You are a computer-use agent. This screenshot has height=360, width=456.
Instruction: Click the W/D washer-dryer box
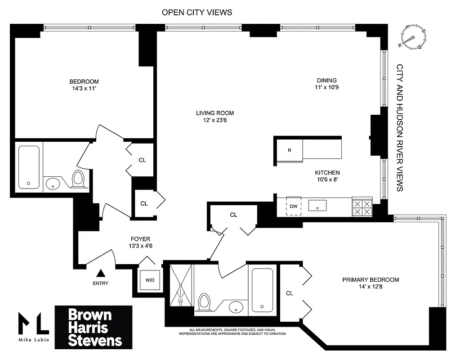click(x=149, y=280)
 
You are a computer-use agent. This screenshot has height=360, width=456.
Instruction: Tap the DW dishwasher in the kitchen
click(x=293, y=206)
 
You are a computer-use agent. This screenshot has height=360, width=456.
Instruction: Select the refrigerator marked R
click(x=289, y=150)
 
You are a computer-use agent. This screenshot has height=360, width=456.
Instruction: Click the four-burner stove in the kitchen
click(x=362, y=207)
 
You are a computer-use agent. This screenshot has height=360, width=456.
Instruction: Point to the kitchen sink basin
click(x=317, y=206)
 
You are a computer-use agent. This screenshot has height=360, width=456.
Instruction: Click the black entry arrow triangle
click(x=101, y=273)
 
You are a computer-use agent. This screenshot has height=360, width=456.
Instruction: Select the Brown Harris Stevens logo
click(x=94, y=327)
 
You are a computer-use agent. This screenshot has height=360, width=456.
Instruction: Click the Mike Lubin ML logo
click(x=33, y=327)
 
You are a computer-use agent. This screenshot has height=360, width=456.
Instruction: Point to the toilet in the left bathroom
click(x=78, y=179)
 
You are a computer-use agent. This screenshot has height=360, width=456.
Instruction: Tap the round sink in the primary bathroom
click(x=235, y=308)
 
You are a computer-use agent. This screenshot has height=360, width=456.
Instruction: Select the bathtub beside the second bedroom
click(x=29, y=167)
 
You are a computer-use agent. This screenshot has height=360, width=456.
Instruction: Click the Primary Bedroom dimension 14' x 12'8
click(x=371, y=287)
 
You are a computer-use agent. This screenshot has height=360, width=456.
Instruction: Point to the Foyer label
click(x=140, y=239)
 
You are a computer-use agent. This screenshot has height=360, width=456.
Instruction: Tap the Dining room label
click(x=326, y=81)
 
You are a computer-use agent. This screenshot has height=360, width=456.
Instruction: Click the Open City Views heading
click(x=197, y=12)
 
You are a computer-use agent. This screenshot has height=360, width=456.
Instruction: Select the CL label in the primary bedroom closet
click(x=290, y=293)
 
